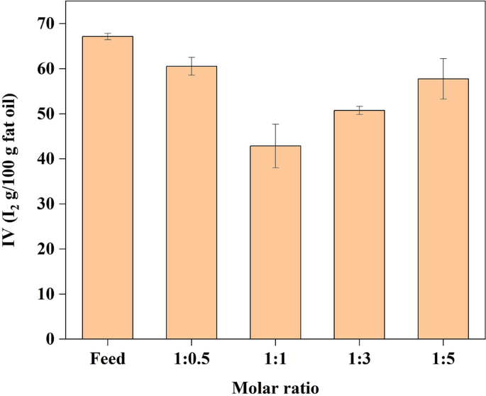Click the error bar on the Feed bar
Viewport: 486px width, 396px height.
(108, 36)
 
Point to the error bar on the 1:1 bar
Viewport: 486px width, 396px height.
(275, 145)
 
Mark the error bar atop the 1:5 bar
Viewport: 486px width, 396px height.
(443, 78)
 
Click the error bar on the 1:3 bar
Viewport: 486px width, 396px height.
(359, 110)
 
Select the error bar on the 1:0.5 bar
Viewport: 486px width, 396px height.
(192, 66)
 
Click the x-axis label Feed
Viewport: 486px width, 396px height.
(108, 358)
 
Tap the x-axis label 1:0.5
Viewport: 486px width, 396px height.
(192, 358)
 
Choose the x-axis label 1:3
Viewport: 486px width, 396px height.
(359, 358)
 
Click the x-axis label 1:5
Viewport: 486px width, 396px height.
(443, 358)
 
